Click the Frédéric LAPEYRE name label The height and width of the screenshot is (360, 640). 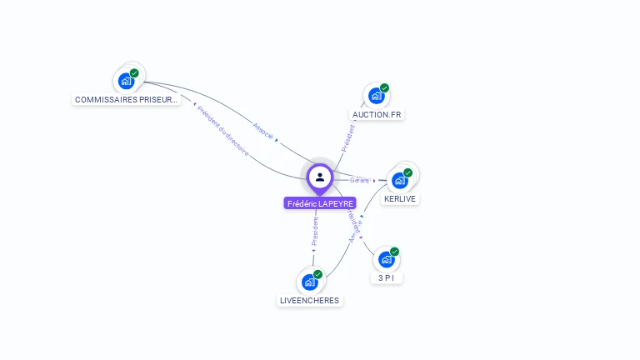(320, 203)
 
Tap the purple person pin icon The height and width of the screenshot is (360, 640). (320, 177)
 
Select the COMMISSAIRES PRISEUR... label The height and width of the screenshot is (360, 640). (126, 99)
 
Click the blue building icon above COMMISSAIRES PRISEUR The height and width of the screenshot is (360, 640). (126, 81)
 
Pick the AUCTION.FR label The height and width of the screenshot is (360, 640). (377, 114)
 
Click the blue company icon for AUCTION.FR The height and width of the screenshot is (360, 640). (376, 96)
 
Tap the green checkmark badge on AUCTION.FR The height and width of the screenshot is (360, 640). (384, 87)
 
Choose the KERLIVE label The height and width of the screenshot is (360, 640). (400, 199)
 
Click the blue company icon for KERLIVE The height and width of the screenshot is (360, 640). (400, 180)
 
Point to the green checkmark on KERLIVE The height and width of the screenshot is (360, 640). (408, 172)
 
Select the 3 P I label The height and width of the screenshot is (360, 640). (386, 277)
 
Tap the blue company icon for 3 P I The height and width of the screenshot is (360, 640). (386, 259)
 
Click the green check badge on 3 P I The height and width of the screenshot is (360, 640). (394, 252)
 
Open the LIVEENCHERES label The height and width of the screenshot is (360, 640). (310, 300)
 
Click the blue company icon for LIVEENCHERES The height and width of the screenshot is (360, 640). (309, 282)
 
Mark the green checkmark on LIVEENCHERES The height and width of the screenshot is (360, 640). (317, 274)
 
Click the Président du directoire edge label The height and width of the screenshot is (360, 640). (222, 131)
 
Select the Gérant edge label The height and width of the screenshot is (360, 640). (359, 180)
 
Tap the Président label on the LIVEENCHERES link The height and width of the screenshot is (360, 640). (315, 231)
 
